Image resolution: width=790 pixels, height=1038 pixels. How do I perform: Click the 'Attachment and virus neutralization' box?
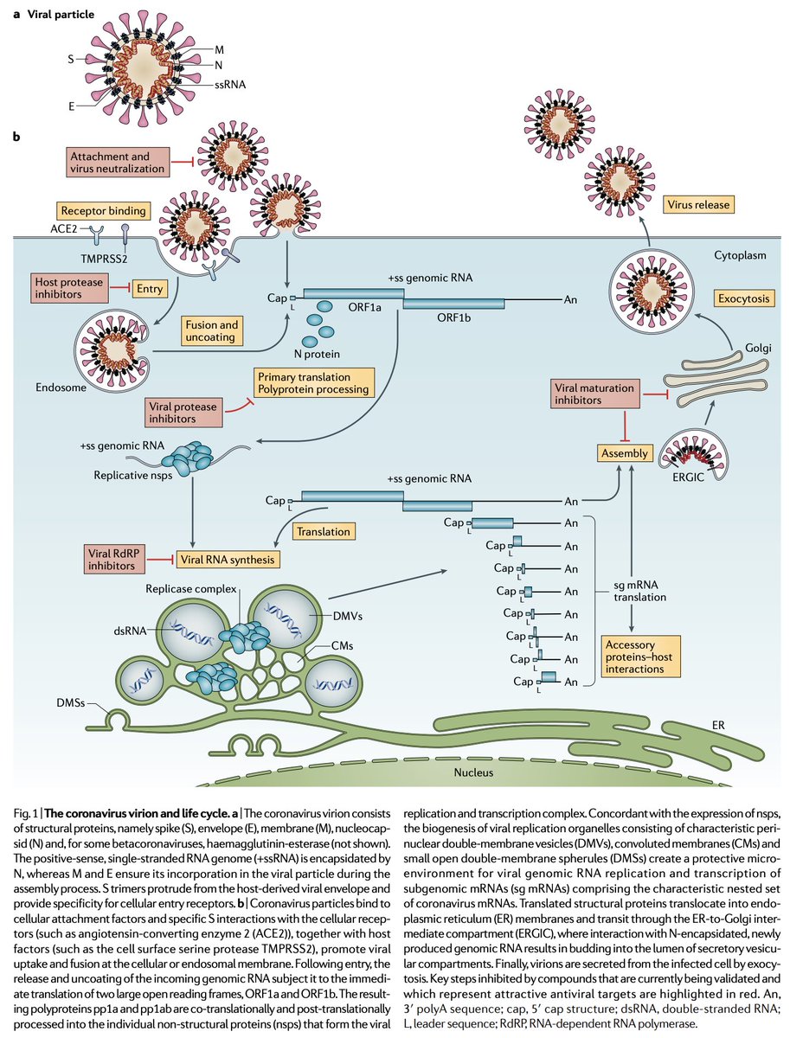point(116,162)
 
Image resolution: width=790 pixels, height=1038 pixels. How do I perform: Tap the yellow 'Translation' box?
point(324,532)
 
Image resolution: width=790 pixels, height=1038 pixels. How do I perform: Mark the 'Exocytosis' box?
point(744,298)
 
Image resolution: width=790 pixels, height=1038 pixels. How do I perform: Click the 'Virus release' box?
point(699,205)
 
